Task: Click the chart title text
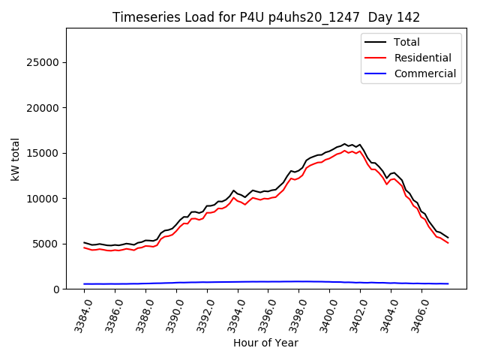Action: click(x=266, y=17)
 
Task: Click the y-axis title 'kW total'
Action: click(x=16, y=159)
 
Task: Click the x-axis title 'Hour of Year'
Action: click(x=265, y=343)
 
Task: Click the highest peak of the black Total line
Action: click(x=345, y=143)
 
